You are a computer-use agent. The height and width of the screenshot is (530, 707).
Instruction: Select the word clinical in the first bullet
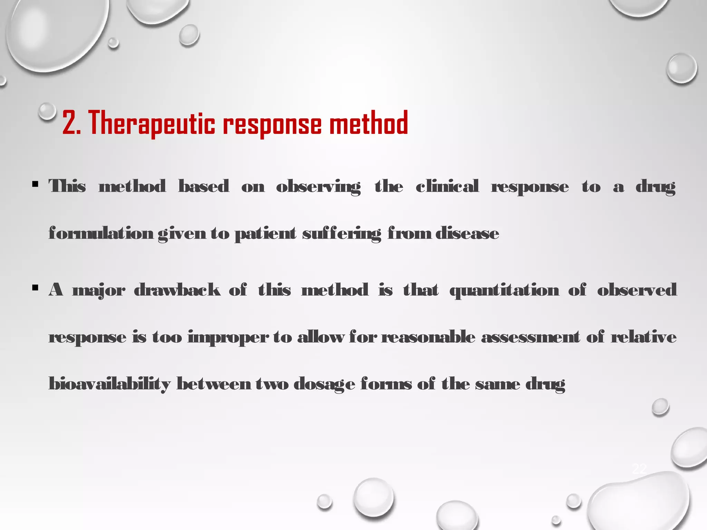pyautogui.click(x=447, y=187)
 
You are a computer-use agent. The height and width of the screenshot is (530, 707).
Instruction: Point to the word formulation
pyautogui.click(x=101, y=234)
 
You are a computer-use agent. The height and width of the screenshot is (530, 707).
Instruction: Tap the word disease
pyautogui.click(x=467, y=234)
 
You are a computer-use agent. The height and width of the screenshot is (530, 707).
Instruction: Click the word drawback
pyautogui.click(x=177, y=290)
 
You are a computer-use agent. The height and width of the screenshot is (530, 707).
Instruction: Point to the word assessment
pyautogui.click(x=531, y=337)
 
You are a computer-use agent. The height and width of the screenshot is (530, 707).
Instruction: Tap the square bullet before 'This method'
pyautogui.click(x=35, y=184)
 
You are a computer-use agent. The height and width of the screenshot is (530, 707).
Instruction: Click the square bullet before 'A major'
pyautogui.click(x=35, y=288)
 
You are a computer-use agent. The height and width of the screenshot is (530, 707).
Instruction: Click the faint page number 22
pyautogui.click(x=639, y=469)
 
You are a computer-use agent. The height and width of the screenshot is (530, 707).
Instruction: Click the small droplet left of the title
pyautogui.click(x=47, y=111)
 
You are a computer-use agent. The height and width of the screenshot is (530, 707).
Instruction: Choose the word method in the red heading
pyautogui.click(x=368, y=123)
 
